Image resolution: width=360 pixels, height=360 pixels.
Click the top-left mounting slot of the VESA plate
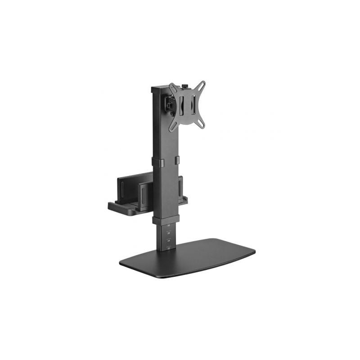tap(172, 86)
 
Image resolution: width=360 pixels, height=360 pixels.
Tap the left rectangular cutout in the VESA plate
tap(181, 106)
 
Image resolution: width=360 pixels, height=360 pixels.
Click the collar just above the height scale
tap(166, 220)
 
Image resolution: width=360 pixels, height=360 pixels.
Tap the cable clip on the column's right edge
tap(177, 160)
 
